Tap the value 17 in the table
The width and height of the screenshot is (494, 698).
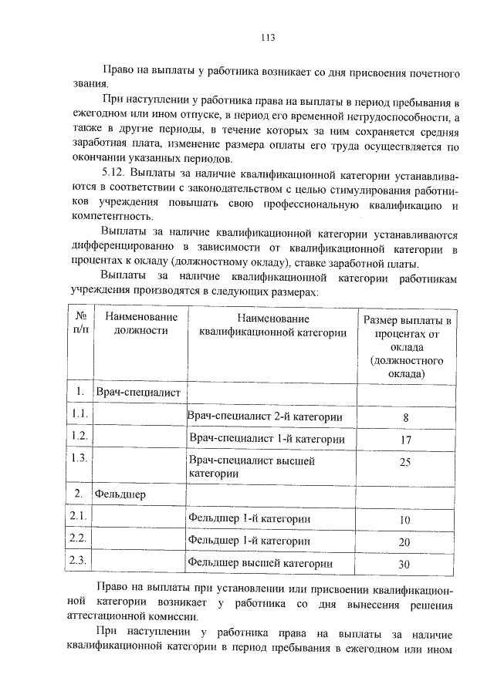[405, 440]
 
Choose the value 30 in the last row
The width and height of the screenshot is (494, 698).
[404, 564]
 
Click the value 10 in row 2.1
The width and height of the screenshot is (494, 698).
[404, 520]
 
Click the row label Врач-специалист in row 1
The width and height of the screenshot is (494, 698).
[137, 393]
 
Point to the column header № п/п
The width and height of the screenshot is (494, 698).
[80, 324]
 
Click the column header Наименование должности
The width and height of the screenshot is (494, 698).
[141, 324]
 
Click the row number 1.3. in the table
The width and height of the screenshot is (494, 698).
[80, 458]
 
